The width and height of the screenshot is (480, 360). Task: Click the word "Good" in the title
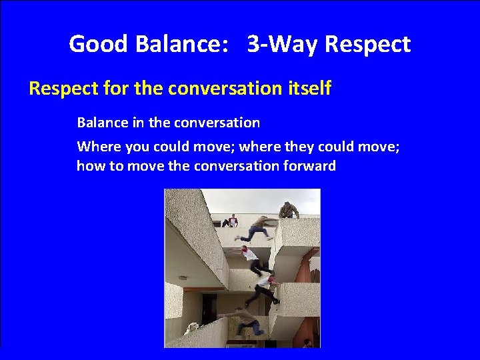click(98, 45)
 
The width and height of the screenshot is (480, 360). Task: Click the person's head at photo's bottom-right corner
click(308, 343)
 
